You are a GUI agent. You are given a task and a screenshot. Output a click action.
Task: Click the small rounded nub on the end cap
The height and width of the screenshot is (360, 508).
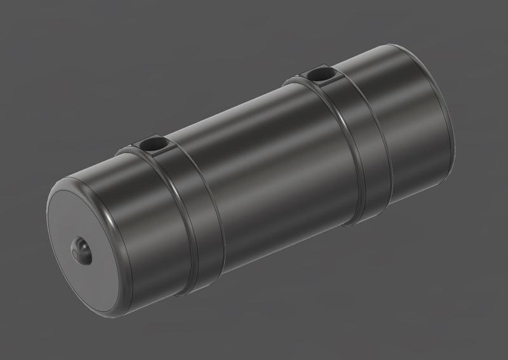pos(82,249)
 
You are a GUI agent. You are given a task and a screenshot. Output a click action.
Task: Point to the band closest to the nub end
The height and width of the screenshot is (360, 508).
pos(190,216)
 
